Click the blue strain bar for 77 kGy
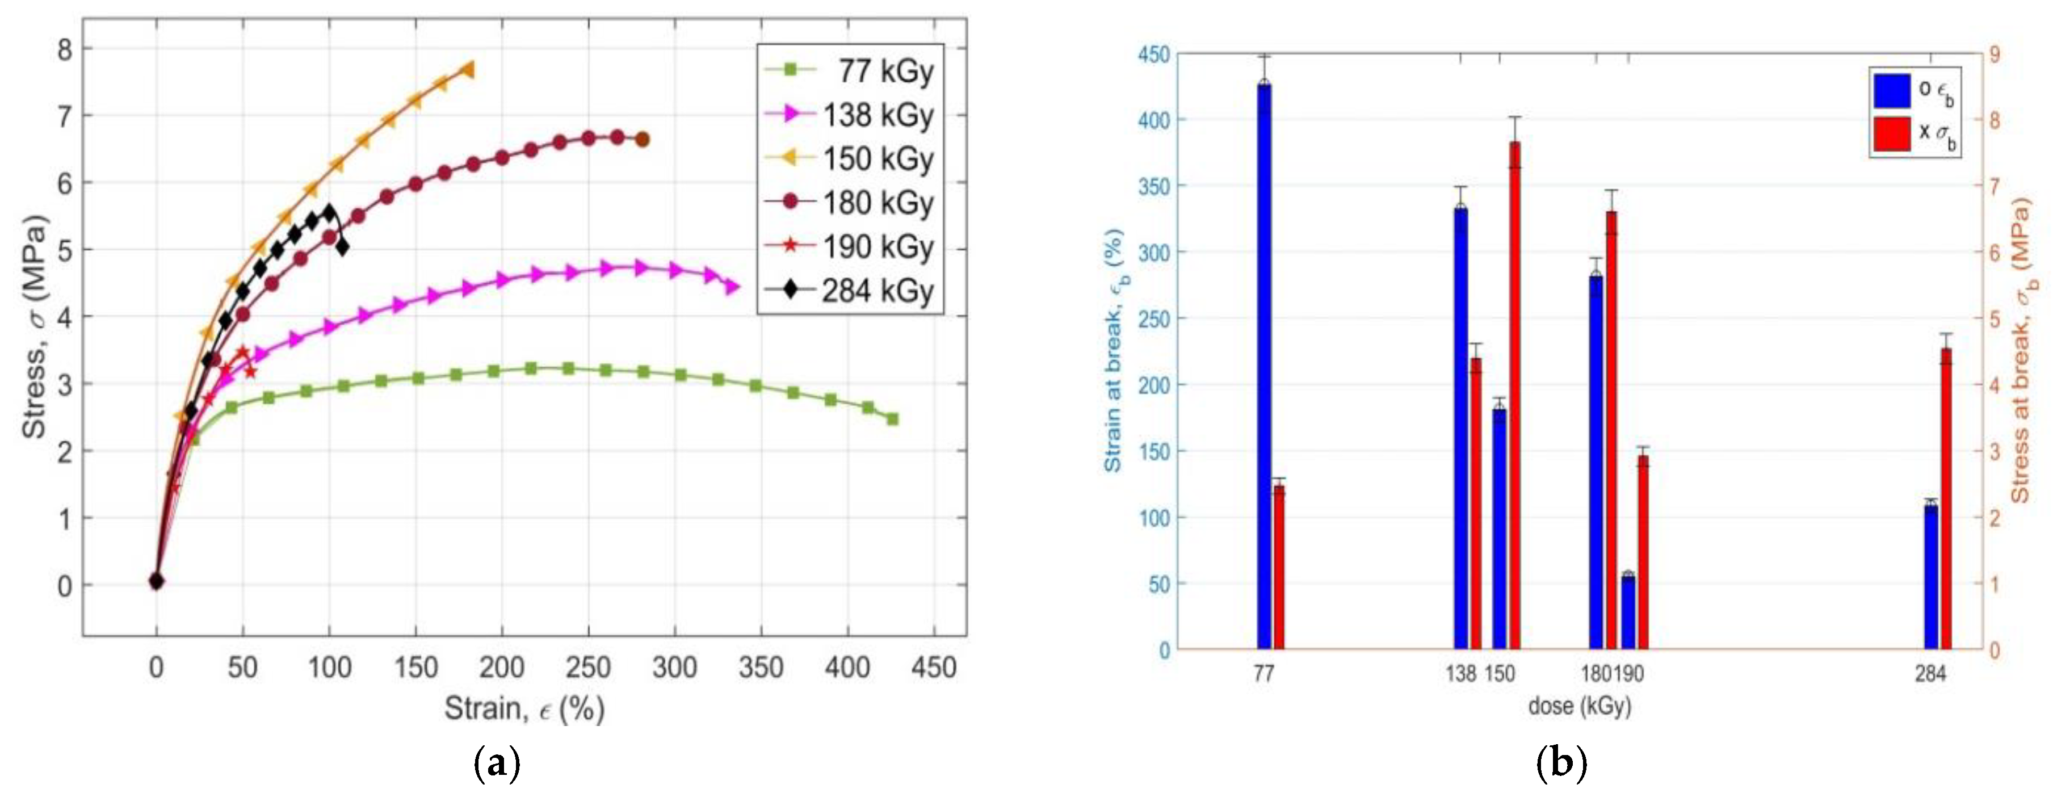coord(1264,367)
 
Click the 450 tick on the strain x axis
coord(934,666)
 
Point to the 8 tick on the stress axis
coord(64,49)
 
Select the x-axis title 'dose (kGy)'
coord(1579,706)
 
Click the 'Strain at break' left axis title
coord(1112,351)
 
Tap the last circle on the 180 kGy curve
coord(643,140)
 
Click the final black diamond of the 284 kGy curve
coord(342,248)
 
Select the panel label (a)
coord(497,764)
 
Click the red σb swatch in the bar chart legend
coord(1891,133)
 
